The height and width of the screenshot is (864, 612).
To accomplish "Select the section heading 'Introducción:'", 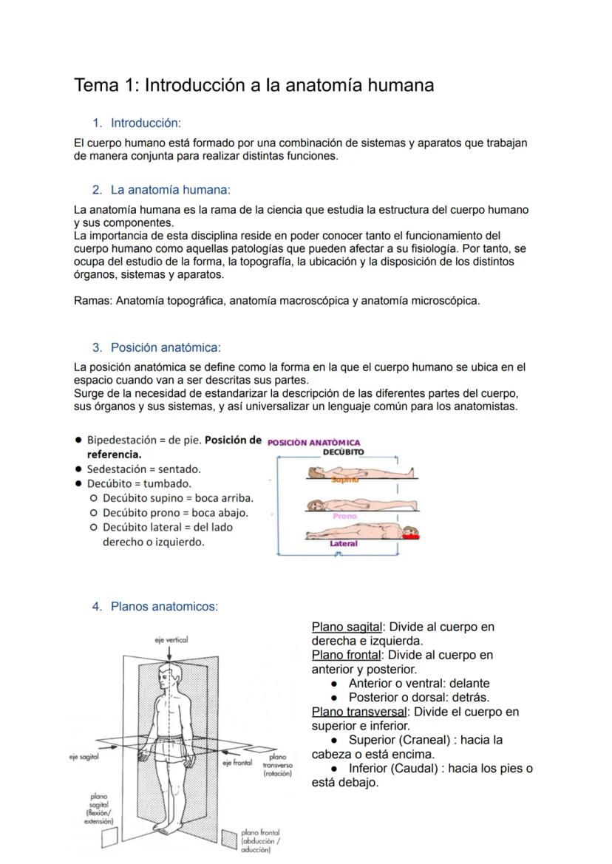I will (146, 123).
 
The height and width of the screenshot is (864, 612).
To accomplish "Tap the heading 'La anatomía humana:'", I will (170, 190).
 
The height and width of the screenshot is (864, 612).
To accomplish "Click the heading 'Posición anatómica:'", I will (166, 347).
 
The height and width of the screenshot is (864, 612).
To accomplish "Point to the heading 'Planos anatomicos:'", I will (164, 607).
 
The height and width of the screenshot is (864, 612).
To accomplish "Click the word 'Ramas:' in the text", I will (93, 301).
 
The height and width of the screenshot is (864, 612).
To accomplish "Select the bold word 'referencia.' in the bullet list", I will (114, 455).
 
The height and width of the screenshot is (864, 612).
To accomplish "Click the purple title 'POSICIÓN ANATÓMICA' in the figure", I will (313, 443).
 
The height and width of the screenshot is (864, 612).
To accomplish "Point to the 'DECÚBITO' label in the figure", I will (344, 452).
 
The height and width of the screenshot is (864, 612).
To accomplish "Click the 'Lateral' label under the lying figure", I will (343, 544).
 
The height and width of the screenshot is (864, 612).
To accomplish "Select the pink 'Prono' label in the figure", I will (344, 516).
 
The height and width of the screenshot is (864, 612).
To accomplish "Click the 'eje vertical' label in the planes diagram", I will (171, 640).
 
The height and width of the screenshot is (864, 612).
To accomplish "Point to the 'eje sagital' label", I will (84, 757).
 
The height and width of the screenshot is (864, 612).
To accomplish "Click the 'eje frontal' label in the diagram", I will (237, 762).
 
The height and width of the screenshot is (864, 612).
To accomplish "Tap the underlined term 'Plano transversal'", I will (359, 712).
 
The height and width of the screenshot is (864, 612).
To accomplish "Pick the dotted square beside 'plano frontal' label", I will (228, 837).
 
